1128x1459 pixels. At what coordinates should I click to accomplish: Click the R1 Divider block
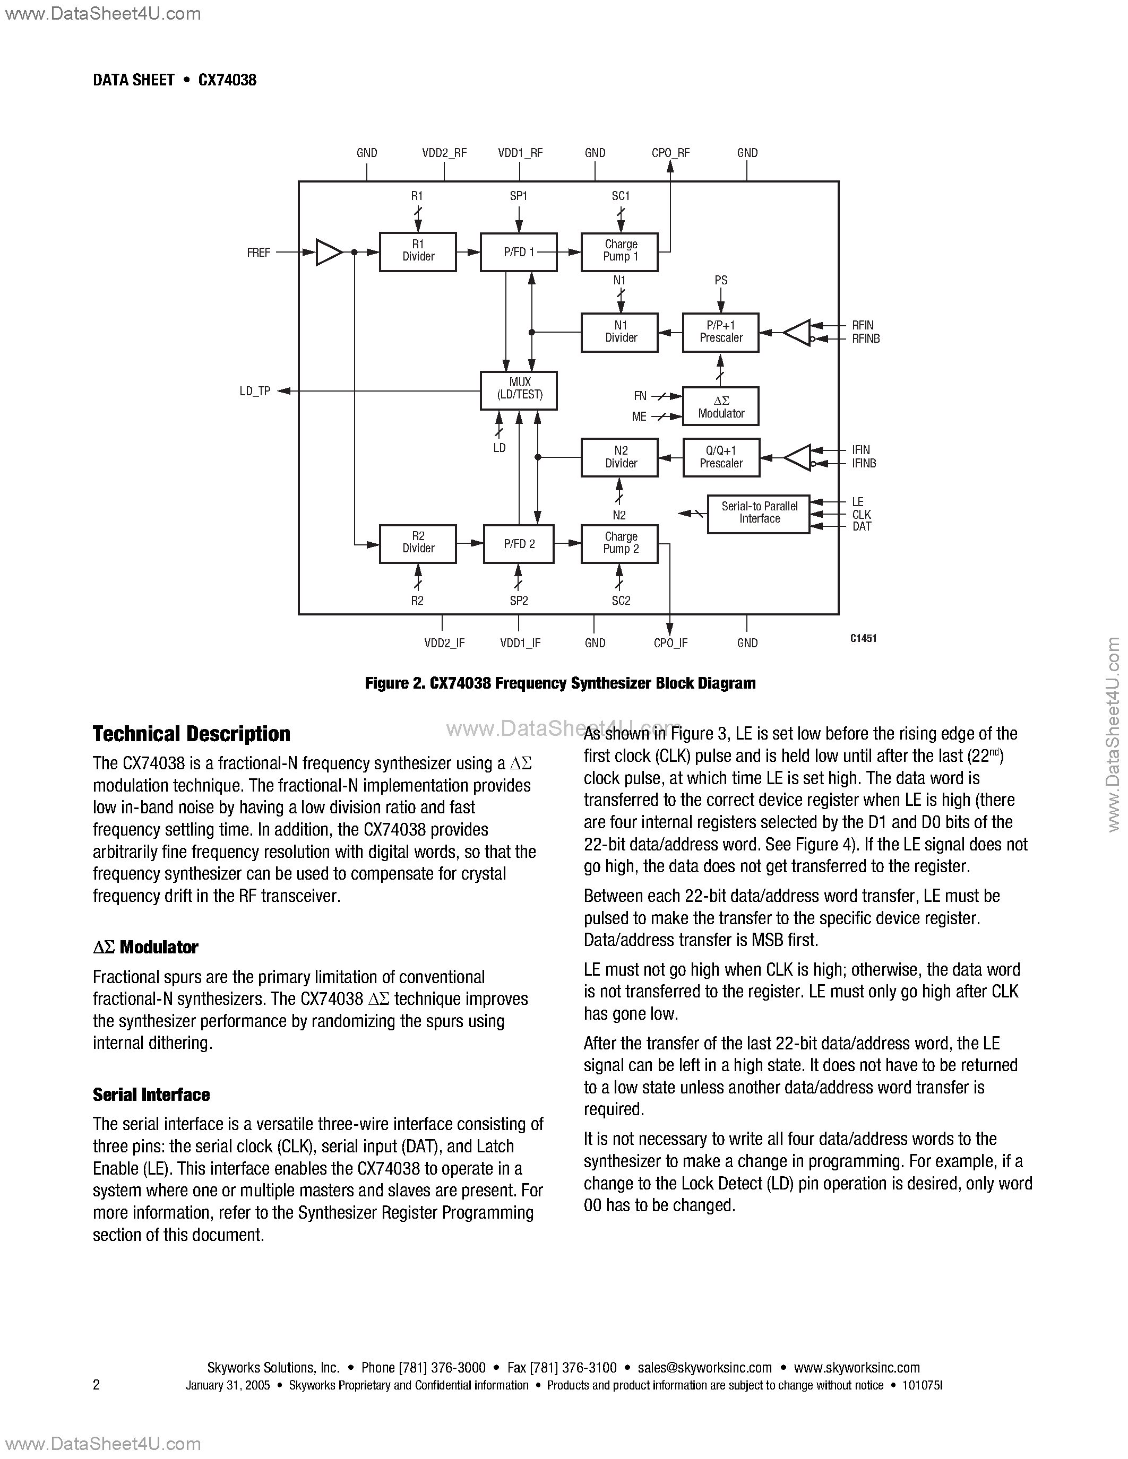tap(418, 252)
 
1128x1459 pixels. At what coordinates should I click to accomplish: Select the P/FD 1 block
tap(519, 252)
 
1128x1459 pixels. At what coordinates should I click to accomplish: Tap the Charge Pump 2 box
tap(619, 543)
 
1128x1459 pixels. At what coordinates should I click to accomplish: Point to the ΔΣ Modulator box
tap(720, 406)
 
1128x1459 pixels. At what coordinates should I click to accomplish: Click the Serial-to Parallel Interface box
tap(759, 514)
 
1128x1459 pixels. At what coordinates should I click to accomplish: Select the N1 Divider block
tap(619, 332)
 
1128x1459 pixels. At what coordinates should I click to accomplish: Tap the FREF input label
tap(259, 253)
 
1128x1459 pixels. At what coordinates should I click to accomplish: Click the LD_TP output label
tap(255, 392)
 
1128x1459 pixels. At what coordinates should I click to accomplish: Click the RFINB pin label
tap(865, 338)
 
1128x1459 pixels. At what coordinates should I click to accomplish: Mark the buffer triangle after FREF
tap(328, 252)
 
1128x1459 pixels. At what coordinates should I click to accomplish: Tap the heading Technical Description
tap(191, 734)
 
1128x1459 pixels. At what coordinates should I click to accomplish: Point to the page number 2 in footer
tap(96, 1385)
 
